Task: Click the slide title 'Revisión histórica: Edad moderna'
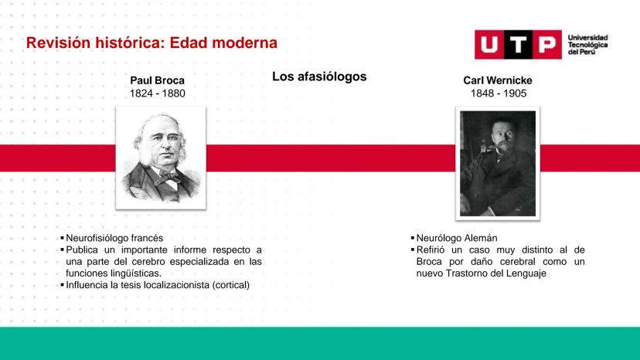[151, 42]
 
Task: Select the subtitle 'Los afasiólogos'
[319, 76]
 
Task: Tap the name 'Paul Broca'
[157, 80]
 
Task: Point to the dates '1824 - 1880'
[157, 93]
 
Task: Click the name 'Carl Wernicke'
[498, 80]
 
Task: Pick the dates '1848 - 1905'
[499, 93]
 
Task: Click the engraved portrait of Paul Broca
[161, 158]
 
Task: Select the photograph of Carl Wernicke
[498, 163]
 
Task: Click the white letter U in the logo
[489, 45]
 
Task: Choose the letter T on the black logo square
[518, 45]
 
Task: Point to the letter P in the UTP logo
[547, 45]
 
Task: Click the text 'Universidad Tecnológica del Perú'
[587, 45]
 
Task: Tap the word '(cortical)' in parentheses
[230, 285]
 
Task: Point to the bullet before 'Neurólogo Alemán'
[413, 237]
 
